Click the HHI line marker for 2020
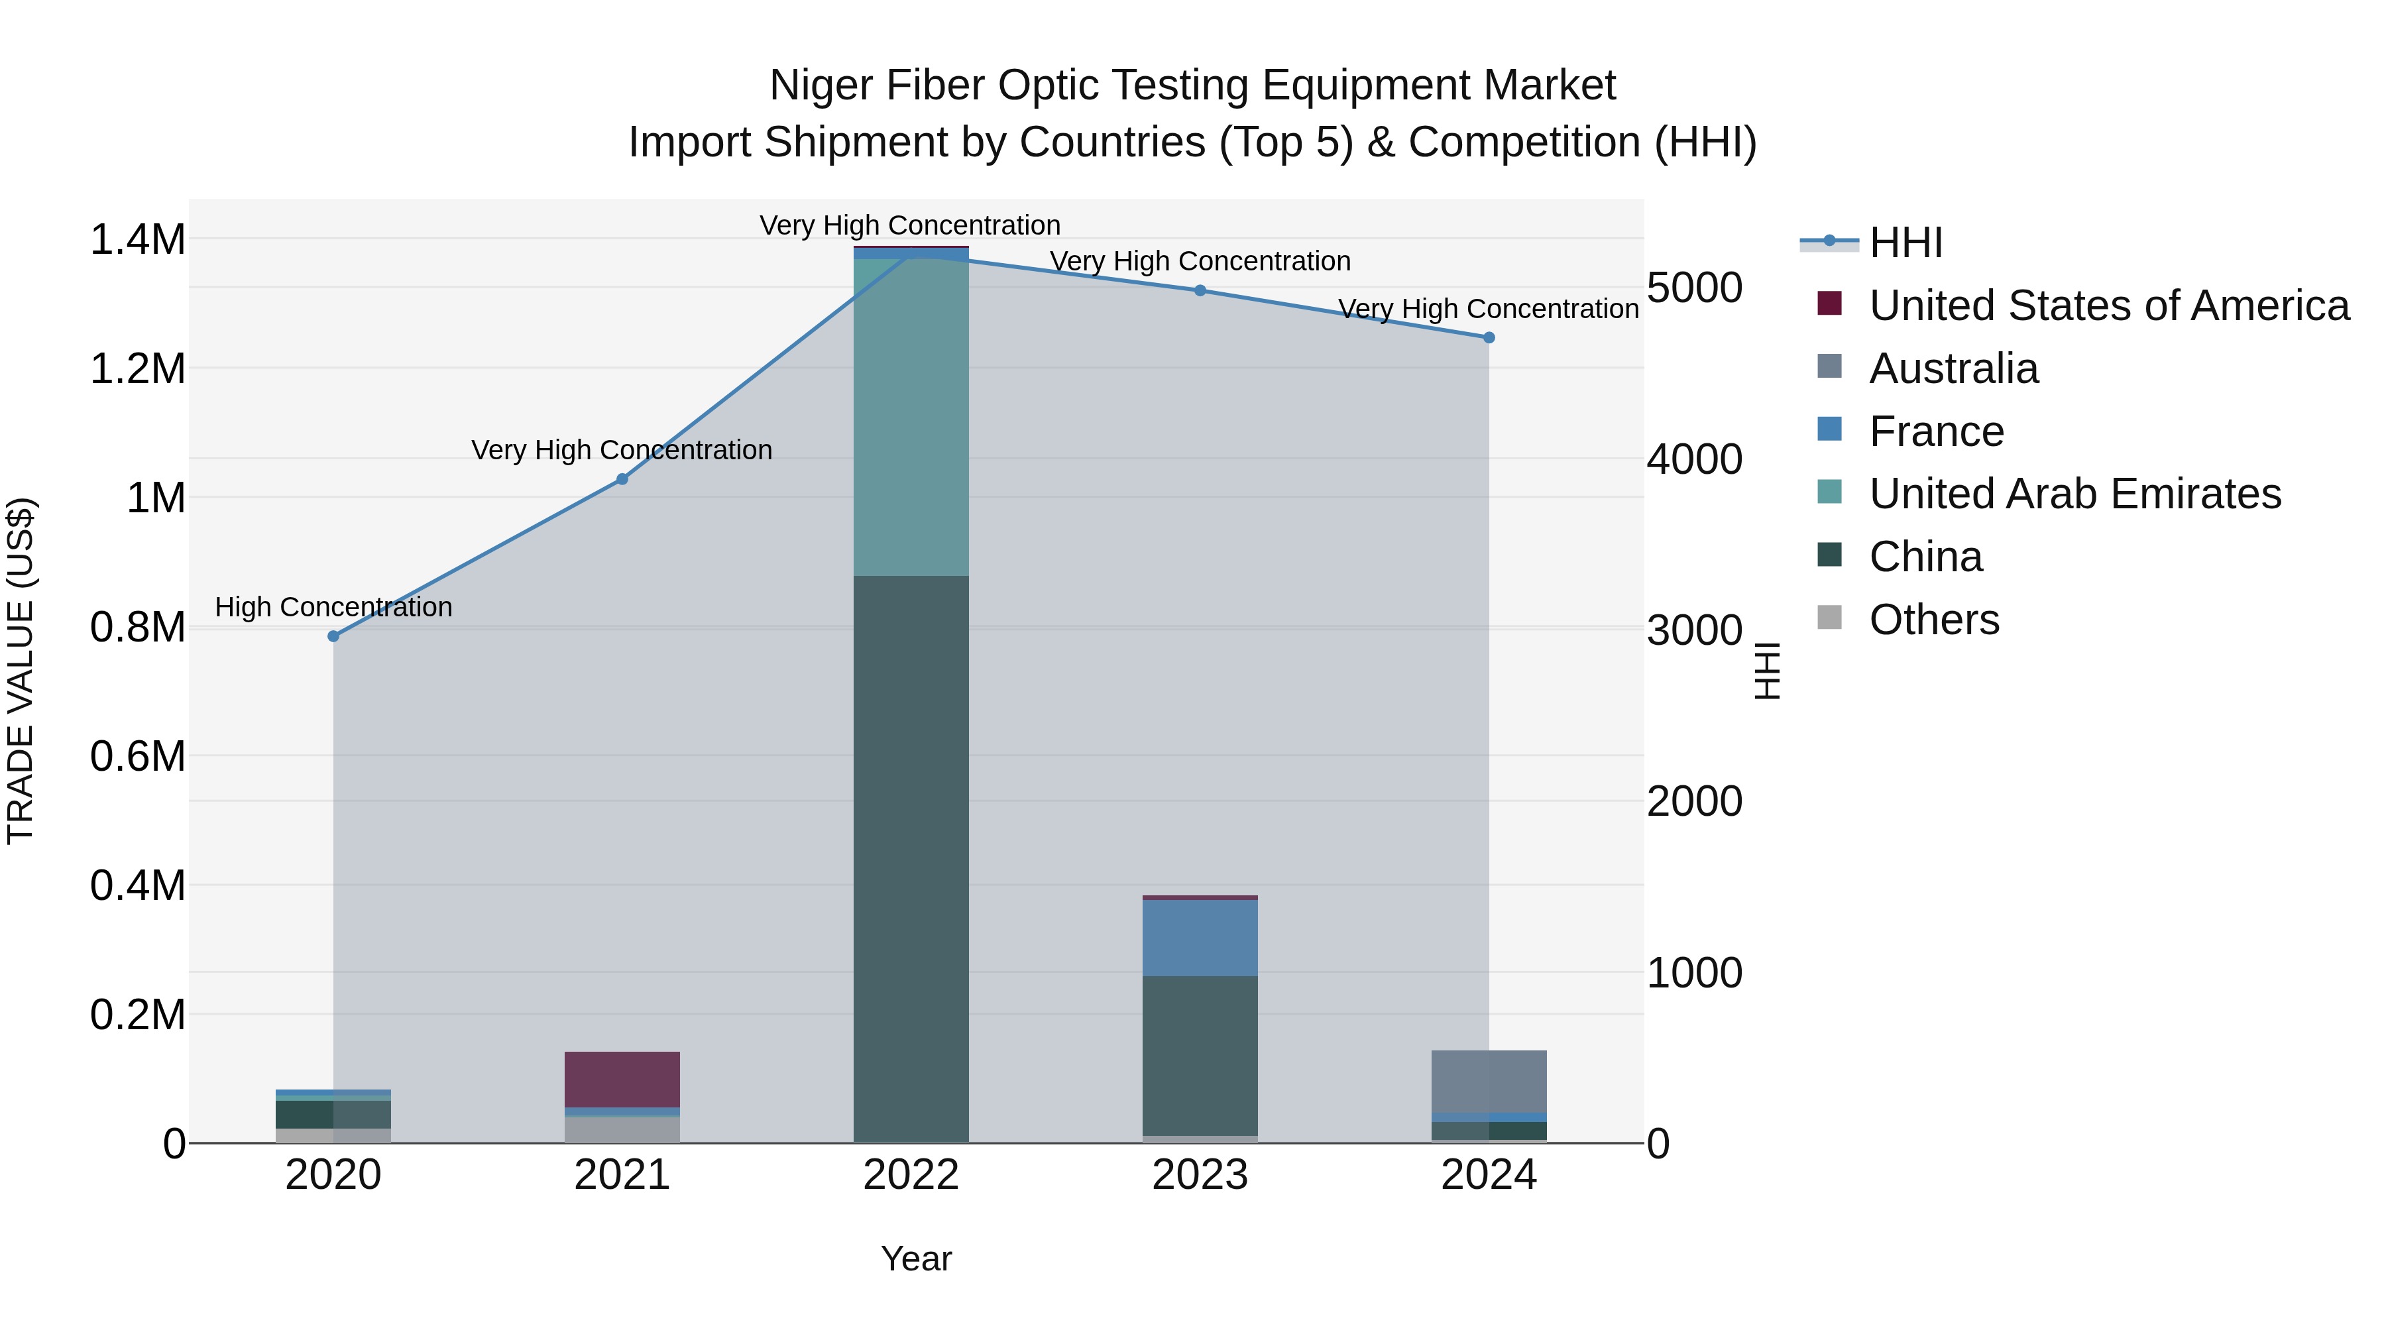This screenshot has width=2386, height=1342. coord(333,636)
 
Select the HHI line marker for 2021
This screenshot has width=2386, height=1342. coord(622,479)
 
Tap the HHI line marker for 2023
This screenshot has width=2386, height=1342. coord(1200,290)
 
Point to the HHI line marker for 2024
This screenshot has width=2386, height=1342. coord(1489,337)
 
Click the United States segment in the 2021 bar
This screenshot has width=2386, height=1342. coord(622,1079)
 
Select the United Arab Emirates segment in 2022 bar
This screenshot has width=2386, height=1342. coord(911,417)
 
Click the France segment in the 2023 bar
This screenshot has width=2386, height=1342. coord(1200,937)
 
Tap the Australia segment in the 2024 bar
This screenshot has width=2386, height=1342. coord(1489,1081)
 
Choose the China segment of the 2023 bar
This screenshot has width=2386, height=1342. coord(1200,1055)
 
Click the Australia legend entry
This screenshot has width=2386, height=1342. coord(1953,368)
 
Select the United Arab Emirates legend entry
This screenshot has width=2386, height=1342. coord(2074,494)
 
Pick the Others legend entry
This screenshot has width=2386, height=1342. coord(1934,620)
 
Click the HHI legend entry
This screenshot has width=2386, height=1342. coord(1905,243)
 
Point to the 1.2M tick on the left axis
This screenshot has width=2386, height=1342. coord(138,368)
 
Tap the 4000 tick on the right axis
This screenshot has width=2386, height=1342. coord(1694,459)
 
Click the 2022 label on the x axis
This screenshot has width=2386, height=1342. coord(911,1175)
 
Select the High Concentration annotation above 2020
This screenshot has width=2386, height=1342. coord(333,608)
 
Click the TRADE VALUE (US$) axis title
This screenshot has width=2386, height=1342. coord(21,671)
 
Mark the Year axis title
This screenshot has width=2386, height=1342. coord(916,1258)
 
